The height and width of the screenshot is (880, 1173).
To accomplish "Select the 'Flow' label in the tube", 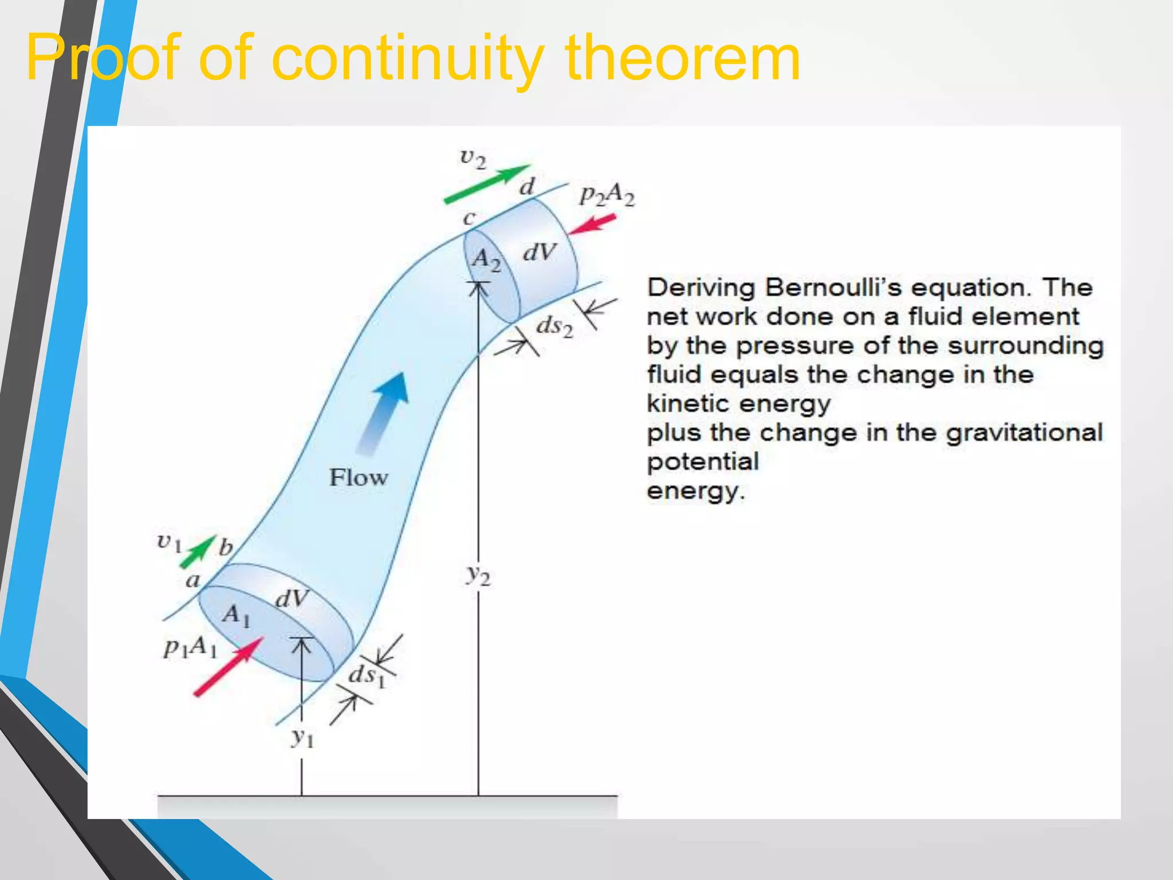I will coord(359,478).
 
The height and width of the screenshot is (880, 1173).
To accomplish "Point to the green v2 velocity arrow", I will coord(487,184).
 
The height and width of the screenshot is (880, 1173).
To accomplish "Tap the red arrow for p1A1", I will coord(228,667).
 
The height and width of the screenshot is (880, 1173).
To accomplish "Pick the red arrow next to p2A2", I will coord(592,224).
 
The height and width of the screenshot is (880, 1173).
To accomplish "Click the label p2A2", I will coord(607,195).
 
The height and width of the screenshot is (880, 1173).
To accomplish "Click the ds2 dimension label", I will coord(554,327).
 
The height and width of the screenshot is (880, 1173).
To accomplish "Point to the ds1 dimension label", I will coord(367,675).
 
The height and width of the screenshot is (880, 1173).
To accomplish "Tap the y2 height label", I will coord(478,574).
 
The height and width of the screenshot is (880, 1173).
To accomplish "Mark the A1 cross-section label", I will coord(237,616).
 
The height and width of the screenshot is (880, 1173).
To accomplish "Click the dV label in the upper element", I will coord(539,252).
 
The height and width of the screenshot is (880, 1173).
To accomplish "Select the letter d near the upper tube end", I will coord(526,187).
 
